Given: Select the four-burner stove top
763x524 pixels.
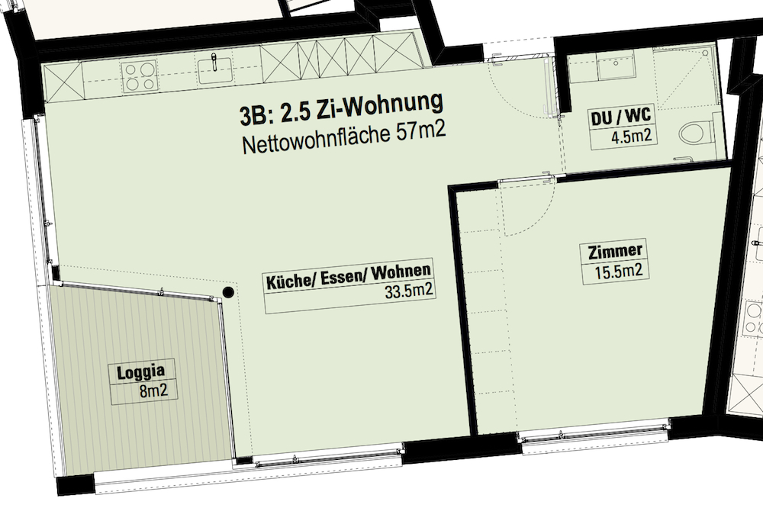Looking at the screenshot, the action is pyautogui.click(x=140, y=77).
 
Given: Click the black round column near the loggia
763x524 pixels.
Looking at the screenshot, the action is pyautogui.click(x=227, y=292).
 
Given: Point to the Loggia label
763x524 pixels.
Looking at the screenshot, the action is pyautogui.click(x=140, y=372).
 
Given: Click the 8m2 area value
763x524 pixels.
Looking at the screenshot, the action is pyautogui.click(x=154, y=391).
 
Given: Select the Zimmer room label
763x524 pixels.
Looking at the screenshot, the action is pyautogui.click(x=615, y=252).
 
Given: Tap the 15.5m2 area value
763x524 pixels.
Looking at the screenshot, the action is pyautogui.click(x=619, y=271).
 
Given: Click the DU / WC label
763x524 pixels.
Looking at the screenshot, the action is pyautogui.click(x=620, y=117).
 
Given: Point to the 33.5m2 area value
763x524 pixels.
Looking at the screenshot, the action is pyautogui.click(x=408, y=291).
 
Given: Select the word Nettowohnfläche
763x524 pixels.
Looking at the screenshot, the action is pyautogui.click(x=317, y=140).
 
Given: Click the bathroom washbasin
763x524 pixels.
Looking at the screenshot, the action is pyautogui.click(x=616, y=67).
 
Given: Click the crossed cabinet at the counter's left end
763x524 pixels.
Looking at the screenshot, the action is pyautogui.click(x=63, y=82).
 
